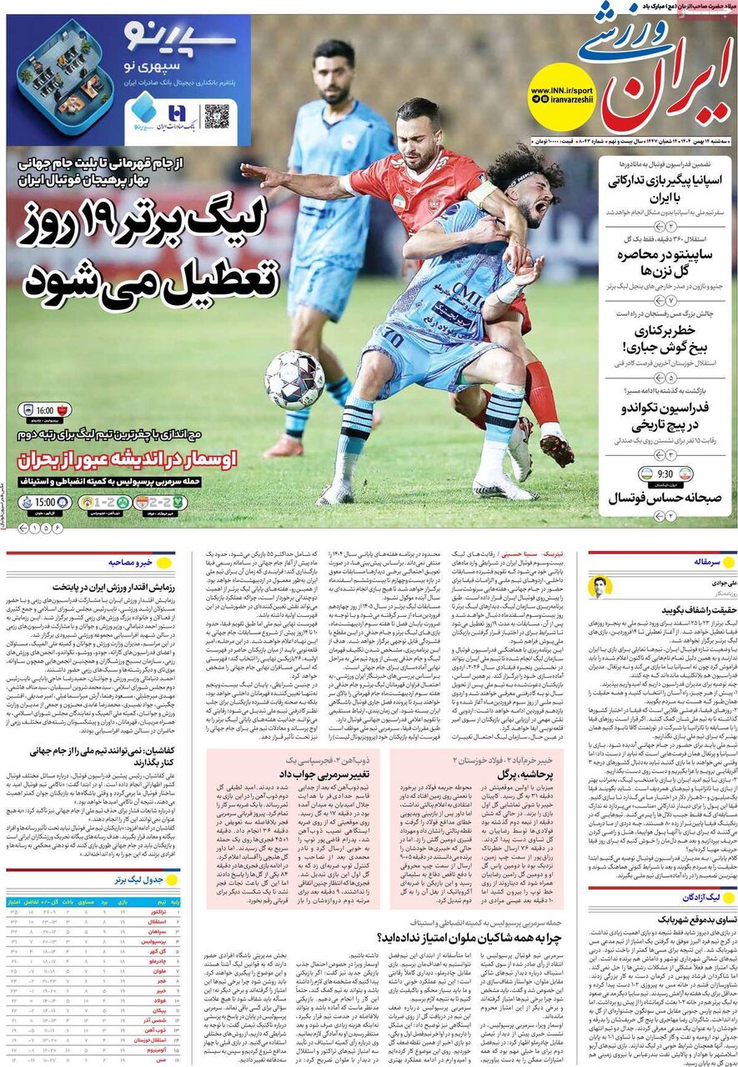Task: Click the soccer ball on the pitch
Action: click(294, 378)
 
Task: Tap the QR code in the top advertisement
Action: click(217, 116)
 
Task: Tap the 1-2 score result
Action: click(99, 503)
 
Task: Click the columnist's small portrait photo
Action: click(600, 586)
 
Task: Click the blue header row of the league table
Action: click(92, 901)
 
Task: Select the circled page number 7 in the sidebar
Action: click(671, 299)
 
